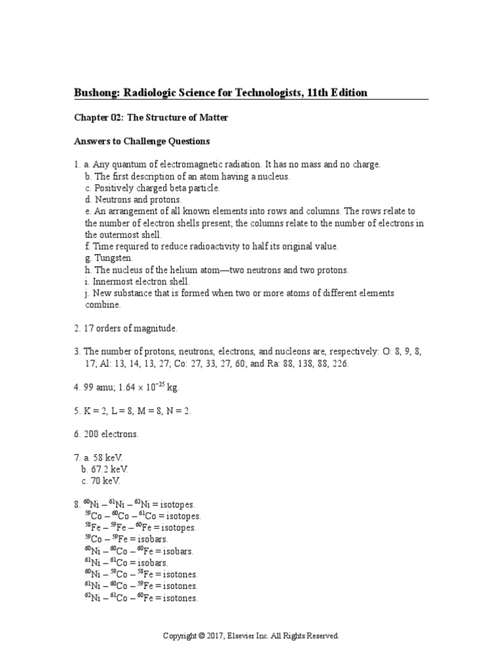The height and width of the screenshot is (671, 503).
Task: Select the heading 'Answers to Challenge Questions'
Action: (x=141, y=141)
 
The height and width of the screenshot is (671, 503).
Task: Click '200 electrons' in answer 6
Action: (x=110, y=434)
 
